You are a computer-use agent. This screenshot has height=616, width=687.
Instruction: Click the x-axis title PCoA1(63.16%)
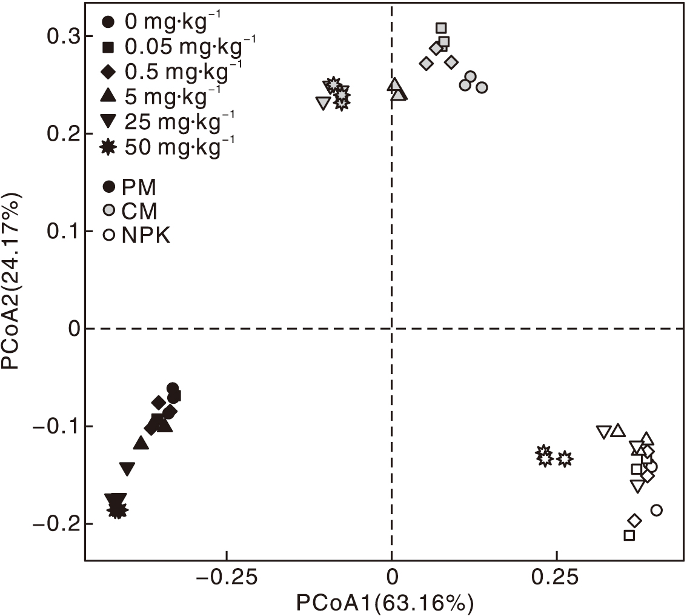384,603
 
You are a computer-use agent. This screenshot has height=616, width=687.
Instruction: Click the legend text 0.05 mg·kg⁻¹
191,45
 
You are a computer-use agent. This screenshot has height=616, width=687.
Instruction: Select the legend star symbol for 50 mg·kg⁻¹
109,146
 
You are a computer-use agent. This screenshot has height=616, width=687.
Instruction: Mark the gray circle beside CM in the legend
109,210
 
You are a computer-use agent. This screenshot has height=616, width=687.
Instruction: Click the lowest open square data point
629,535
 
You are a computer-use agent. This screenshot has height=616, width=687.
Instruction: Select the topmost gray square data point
441,28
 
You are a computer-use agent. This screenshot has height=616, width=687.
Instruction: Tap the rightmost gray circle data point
482,87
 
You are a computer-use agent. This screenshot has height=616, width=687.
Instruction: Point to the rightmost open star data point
564,459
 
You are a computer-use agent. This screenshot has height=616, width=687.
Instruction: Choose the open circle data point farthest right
656,510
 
